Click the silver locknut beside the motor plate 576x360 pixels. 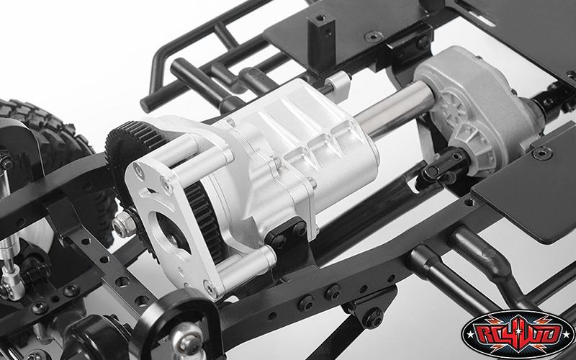tap(124, 223)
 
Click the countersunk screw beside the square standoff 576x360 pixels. tap(374, 37)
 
